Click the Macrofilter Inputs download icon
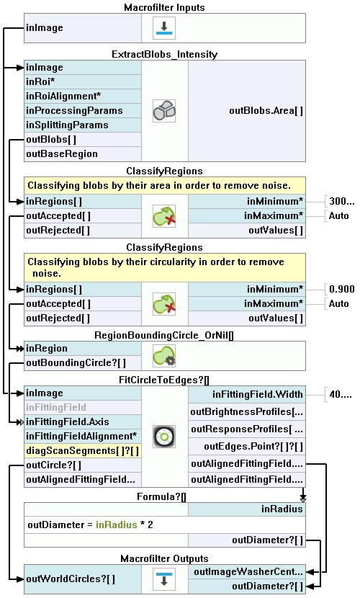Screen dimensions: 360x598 pos(164,28)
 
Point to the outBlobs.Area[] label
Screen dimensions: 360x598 pos(266,111)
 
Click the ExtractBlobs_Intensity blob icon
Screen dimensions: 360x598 pos(164,111)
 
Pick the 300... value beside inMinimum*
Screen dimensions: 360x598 pos(342,201)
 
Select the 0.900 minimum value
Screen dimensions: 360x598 pos(342,289)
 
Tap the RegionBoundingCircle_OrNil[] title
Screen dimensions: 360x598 pos(164,335)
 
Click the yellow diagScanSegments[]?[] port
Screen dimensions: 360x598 pos(83,451)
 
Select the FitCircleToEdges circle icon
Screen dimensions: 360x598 pos(164,437)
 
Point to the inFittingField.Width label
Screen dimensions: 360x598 pos(258,394)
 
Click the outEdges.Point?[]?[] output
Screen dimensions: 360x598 pos(253,446)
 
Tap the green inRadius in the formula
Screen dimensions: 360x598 pos(116,525)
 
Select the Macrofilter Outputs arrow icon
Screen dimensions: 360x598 pos(164,579)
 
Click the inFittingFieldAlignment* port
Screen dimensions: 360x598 pos(83,437)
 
